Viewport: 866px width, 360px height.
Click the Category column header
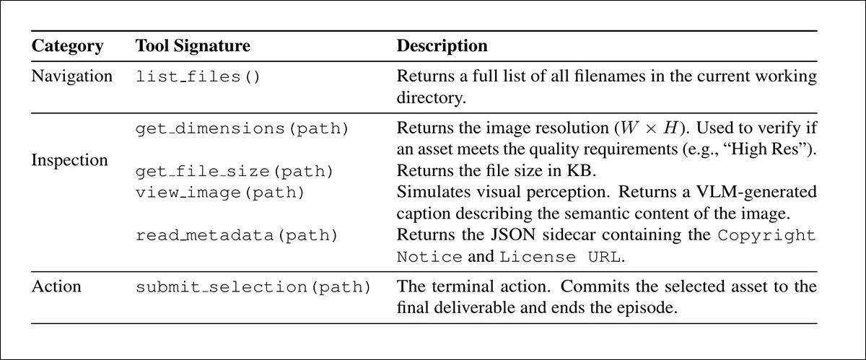tap(67, 46)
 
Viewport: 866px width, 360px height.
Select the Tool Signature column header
tap(193, 46)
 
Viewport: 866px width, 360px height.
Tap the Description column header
tap(442, 46)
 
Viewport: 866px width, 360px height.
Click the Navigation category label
tap(72, 76)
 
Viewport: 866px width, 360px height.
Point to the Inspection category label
tap(69, 160)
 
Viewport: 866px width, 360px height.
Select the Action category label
tap(56, 286)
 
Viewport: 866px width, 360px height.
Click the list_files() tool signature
tap(198, 76)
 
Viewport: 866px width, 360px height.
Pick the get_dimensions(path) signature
tap(242, 128)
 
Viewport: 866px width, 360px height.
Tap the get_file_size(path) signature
tap(235, 171)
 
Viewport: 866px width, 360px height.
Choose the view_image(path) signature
tap(220, 193)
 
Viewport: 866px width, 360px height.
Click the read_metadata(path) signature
tap(237, 235)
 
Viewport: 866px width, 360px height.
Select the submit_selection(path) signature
tap(253, 287)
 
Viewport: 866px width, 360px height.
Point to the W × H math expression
tap(649, 128)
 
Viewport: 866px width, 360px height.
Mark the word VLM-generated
tap(756, 192)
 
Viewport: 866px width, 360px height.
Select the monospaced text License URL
tap(560, 257)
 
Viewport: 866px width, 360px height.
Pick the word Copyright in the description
tap(766, 235)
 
